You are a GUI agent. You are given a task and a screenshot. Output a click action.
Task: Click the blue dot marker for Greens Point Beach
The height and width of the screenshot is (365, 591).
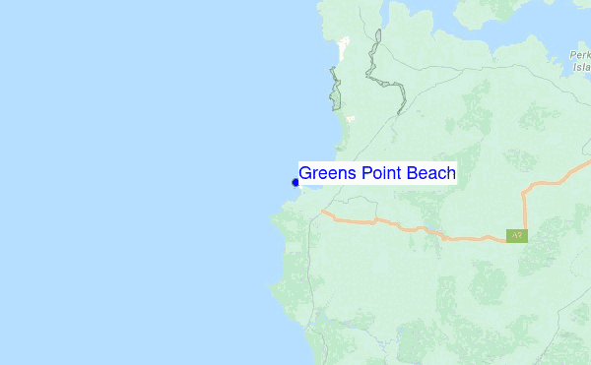coord(295,182)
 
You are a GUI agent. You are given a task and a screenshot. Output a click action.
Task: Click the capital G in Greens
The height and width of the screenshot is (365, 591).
coord(306,173)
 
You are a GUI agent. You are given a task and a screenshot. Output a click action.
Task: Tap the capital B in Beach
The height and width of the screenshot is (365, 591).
coord(409,173)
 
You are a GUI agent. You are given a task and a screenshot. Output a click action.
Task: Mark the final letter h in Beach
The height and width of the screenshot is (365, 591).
coord(450,173)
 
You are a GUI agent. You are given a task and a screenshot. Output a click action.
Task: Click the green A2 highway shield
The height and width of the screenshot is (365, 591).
coord(516,236)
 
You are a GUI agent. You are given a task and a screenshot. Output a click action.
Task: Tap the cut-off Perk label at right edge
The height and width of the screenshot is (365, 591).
coord(579,56)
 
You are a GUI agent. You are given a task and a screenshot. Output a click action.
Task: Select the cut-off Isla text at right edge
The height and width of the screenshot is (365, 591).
coord(581,69)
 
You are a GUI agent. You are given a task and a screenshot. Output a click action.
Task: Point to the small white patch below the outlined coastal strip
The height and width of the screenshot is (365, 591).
coord(350,119)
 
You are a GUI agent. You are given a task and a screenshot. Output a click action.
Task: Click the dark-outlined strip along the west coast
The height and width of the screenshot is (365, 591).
coord(336,89)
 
